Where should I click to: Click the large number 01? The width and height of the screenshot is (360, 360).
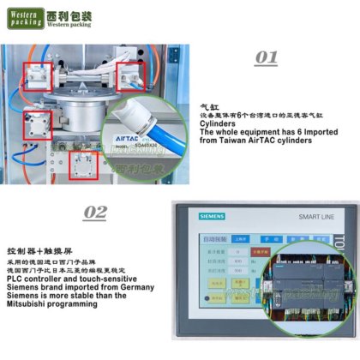coord(267,57)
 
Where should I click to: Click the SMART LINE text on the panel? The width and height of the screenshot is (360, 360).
coord(316,218)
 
